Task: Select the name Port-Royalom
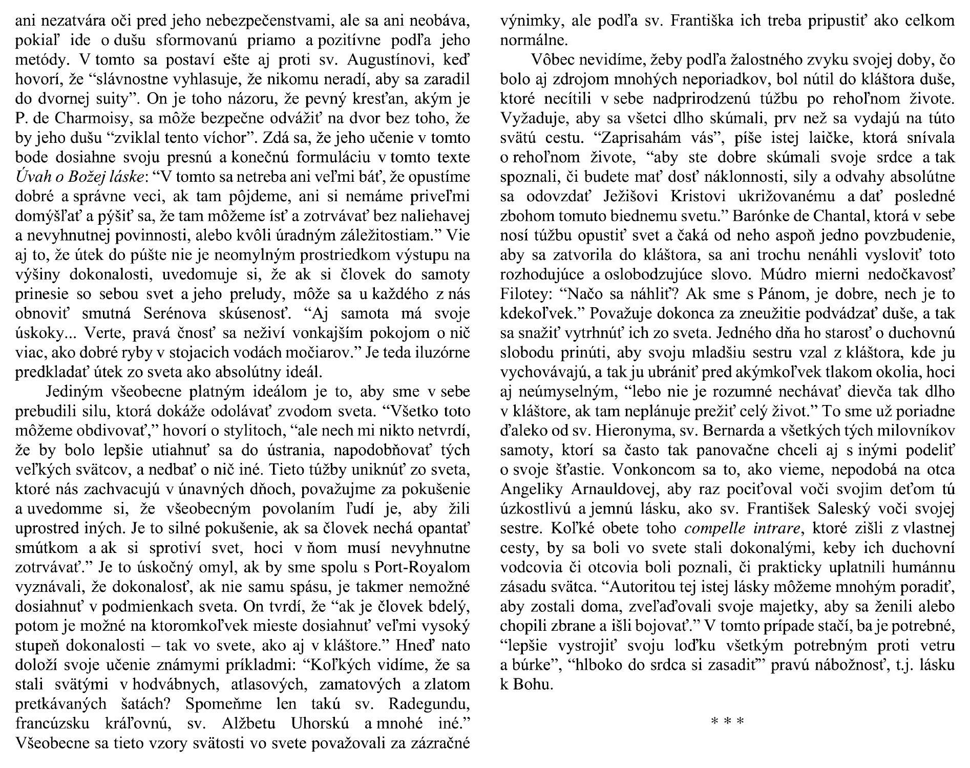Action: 422,568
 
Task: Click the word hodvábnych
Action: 176,685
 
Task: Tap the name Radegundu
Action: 428,704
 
